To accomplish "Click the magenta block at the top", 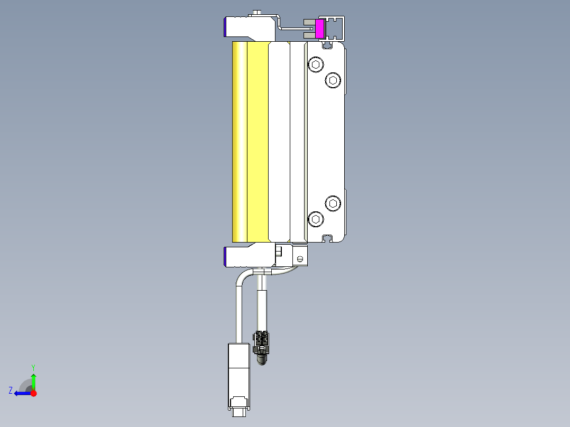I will [319, 29].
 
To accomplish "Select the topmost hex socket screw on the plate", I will [316, 65].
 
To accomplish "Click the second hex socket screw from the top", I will [333, 80].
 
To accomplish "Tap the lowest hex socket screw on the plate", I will [316, 219].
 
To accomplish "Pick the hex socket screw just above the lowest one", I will [333, 203].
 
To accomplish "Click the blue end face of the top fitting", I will [226, 27].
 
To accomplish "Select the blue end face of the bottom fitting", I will [226, 257].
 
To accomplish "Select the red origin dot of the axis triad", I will [33, 393].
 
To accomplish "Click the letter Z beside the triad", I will [11, 391].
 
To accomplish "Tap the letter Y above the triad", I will [33, 367].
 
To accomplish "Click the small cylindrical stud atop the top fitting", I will [257, 12].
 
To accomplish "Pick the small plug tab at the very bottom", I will [238, 411].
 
